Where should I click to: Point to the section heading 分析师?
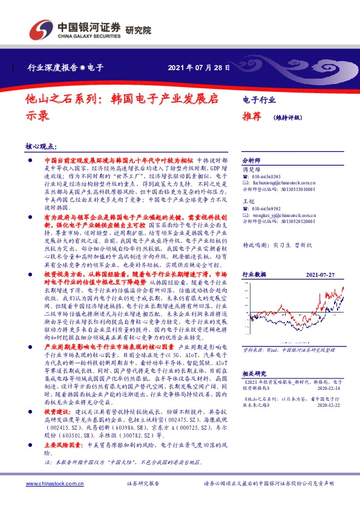tap(250, 161)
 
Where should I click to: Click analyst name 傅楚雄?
tap(250, 170)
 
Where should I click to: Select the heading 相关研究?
tap(254, 391)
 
